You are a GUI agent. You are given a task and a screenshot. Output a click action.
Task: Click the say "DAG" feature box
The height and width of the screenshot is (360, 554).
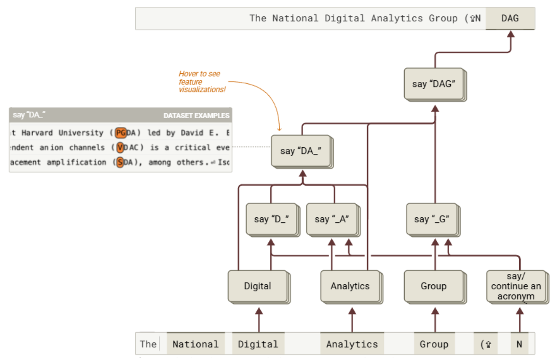pyautogui.click(x=434, y=84)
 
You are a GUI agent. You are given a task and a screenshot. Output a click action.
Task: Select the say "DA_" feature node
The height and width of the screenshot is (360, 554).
pyautogui.click(x=301, y=151)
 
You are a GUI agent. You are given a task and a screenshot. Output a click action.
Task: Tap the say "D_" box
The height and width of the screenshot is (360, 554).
pyautogui.click(x=271, y=219)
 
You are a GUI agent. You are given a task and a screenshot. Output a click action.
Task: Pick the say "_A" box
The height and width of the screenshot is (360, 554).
pyautogui.click(x=332, y=219)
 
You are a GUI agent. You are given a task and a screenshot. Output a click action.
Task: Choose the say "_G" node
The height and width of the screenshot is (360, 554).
pyautogui.click(x=431, y=219)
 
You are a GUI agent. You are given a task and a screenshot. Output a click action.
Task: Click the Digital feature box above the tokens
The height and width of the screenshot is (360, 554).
pyautogui.click(x=257, y=286)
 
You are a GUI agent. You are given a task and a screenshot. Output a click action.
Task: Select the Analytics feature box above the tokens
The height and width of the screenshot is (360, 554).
pyautogui.click(x=350, y=286)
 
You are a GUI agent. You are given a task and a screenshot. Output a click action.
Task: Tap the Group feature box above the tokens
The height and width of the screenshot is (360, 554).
pyautogui.click(x=433, y=286)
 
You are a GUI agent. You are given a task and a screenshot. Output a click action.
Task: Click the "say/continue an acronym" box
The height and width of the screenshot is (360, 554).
pyautogui.click(x=516, y=286)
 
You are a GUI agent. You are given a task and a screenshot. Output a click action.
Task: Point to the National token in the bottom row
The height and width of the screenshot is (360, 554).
pyautogui.click(x=195, y=344)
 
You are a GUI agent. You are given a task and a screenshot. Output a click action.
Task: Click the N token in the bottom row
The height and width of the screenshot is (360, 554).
pyautogui.click(x=519, y=344)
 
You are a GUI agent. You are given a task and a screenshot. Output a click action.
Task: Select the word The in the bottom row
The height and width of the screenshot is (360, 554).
pyautogui.click(x=148, y=344)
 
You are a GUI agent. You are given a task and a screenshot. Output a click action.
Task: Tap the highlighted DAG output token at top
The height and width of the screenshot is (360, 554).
pyautogui.click(x=510, y=19)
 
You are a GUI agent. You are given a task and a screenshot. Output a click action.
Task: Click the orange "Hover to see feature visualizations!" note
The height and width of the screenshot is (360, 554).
pyautogui.click(x=202, y=82)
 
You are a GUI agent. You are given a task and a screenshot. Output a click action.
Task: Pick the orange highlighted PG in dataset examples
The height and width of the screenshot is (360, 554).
pyautogui.click(x=120, y=133)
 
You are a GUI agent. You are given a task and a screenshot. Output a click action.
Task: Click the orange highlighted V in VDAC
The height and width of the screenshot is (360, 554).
pyautogui.click(x=120, y=148)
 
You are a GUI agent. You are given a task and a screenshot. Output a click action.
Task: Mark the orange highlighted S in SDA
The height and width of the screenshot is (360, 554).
pyautogui.click(x=120, y=162)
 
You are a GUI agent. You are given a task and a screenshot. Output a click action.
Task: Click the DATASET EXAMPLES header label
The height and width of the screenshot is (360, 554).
pyautogui.click(x=196, y=115)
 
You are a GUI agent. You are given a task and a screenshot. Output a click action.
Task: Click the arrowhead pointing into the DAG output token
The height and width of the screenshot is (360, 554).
pyautogui.click(x=511, y=34)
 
